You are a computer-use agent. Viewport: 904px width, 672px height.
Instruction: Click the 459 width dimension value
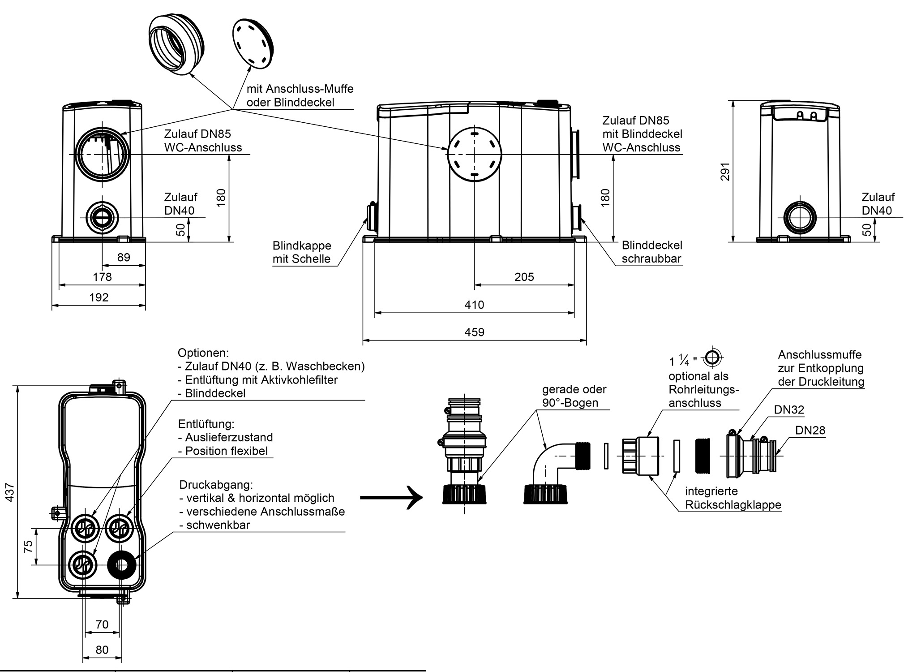coord(474,332)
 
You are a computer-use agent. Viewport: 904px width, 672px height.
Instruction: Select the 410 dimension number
coord(474,305)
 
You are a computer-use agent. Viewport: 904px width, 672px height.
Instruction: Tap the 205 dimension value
coord(524,277)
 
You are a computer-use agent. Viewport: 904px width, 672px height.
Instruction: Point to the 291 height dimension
coord(725,172)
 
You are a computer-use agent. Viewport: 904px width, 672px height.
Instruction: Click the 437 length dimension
coord(10,492)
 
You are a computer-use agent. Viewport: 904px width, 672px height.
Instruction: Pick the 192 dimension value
coord(99,297)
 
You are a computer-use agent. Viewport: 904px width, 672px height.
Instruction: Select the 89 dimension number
coord(124,257)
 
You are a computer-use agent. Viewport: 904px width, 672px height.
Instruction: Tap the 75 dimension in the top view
coord(28,546)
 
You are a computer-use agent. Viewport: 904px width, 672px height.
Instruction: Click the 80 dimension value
coord(102,650)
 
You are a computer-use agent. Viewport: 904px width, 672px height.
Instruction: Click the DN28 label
coord(810,430)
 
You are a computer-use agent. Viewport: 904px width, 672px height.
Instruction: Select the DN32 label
coord(789,409)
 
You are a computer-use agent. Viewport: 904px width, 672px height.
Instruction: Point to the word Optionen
coord(203,353)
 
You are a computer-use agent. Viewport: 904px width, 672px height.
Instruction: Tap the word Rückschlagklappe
coord(733,504)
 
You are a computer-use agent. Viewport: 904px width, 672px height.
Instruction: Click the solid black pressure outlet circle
coord(121,565)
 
